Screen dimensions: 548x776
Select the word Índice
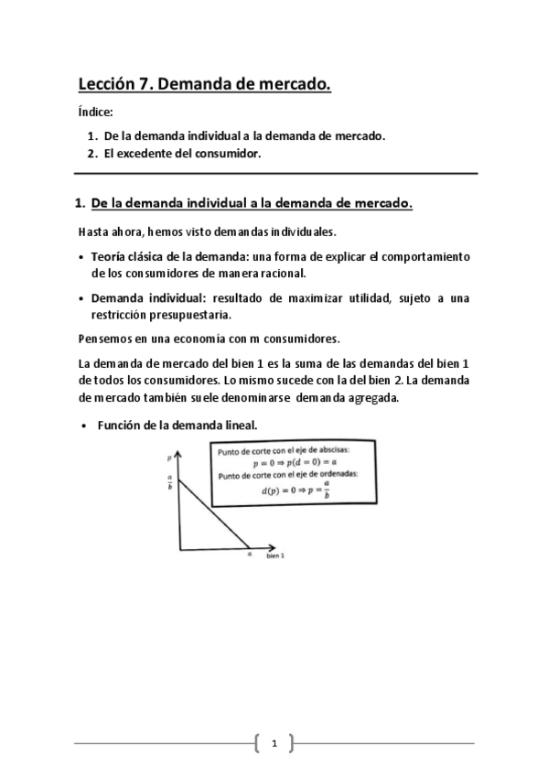tap(95, 113)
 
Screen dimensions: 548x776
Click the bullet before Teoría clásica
tap(82, 257)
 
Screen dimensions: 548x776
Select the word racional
tap(280, 273)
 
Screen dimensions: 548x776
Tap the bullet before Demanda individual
tap(82, 298)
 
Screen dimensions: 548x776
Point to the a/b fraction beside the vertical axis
tap(169, 481)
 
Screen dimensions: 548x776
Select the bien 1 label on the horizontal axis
tap(275, 556)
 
